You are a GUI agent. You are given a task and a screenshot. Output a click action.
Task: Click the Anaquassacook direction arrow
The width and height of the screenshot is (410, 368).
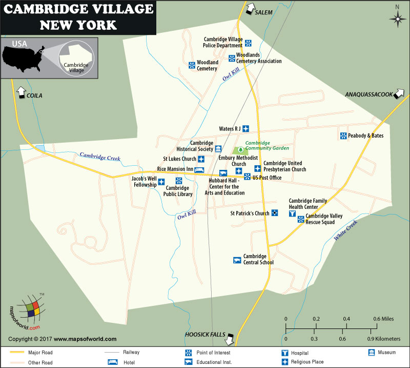399,94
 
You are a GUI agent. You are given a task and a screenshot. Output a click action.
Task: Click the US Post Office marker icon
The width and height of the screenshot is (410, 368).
248,177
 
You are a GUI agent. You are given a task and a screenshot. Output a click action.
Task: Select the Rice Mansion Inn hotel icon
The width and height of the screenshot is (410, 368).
199,169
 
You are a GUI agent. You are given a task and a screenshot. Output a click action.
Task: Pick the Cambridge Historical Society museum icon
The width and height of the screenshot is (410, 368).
218,148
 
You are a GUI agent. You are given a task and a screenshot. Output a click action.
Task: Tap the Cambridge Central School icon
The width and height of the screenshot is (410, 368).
237,260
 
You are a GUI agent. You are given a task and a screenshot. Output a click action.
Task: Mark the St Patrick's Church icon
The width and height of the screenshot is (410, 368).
275,213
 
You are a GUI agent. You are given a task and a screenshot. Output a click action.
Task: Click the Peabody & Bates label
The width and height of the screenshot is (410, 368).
365,136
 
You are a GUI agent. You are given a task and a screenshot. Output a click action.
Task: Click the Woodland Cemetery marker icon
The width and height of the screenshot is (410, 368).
192,65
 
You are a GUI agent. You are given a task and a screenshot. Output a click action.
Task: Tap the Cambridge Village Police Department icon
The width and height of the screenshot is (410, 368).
248,43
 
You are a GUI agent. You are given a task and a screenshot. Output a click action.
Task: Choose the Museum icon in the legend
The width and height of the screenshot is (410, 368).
371,353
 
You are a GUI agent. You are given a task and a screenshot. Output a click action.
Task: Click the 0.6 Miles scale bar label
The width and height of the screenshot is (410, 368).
384,319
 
